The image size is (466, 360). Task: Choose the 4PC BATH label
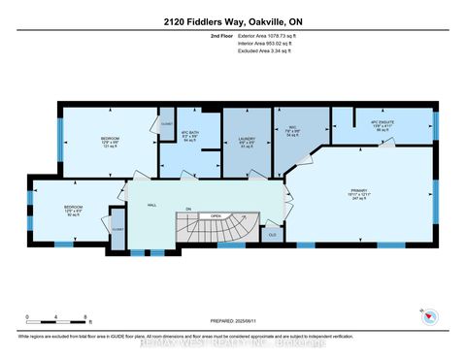point(190,137)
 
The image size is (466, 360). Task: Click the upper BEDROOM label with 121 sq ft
point(110,143)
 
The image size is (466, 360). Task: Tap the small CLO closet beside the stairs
point(272,233)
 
